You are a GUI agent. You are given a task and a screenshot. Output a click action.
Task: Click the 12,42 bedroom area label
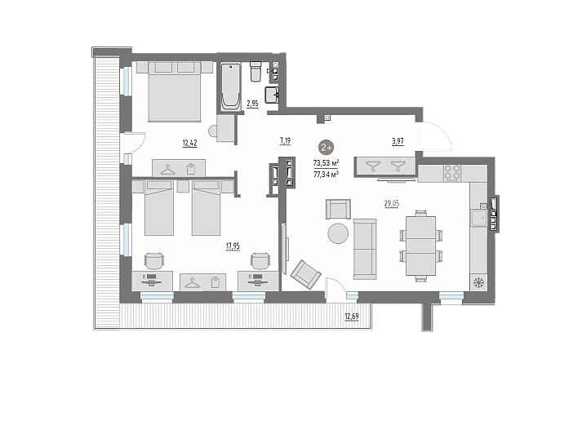click(x=189, y=143)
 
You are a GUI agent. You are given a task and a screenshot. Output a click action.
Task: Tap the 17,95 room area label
click(x=233, y=246)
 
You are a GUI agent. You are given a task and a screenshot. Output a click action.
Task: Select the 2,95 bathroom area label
click(x=252, y=104)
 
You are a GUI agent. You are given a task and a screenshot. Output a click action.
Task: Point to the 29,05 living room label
click(x=392, y=203)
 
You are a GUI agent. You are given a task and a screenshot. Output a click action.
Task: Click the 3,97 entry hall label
click(x=398, y=141)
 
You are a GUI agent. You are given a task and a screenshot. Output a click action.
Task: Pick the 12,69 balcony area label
click(x=352, y=317)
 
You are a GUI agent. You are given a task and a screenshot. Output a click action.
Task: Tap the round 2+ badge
click(x=327, y=147)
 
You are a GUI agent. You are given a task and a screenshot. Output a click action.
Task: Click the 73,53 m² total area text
click(x=327, y=163)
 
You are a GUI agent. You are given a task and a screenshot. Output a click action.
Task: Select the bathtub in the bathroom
click(x=230, y=86)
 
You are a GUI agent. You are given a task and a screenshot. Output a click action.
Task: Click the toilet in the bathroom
click(x=255, y=71)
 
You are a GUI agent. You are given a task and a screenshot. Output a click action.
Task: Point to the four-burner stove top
click(x=453, y=172)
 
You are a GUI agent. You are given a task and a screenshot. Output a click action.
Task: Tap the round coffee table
click(x=338, y=233)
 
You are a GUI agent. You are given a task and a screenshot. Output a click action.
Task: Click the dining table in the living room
click(x=420, y=246)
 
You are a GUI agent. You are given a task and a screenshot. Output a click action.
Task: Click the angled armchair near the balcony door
click(x=306, y=274)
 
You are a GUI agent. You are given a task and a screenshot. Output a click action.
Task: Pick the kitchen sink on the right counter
click(x=479, y=219)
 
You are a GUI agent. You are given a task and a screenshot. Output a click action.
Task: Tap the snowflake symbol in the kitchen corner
click(x=478, y=283)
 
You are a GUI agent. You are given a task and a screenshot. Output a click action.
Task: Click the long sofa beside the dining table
click(x=365, y=249)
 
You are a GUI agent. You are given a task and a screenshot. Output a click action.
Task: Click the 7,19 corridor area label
click(x=285, y=141)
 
